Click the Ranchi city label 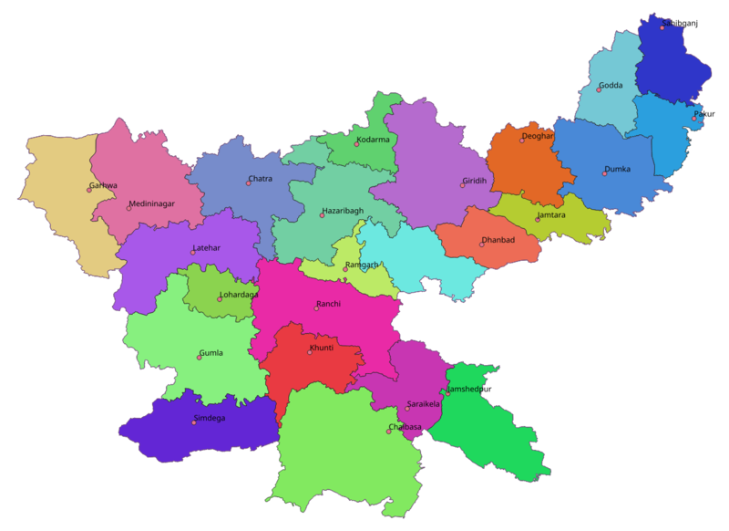click(x=329, y=304)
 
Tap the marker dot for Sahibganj click(x=662, y=28)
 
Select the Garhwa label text click(x=104, y=185)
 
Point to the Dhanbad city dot click(x=482, y=245)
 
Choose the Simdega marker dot click(x=194, y=422)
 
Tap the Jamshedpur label click(x=469, y=390)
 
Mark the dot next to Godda click(x=599, y=90)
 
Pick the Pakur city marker click(x=693, y=119)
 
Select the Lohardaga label click(x=240, y=295)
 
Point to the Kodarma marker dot click(x=357, y=144)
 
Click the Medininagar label click(x=152, y=203)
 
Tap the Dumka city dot click(x=604, y=173)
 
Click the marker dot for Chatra click(x=248, y=183)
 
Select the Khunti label click(x=323, y=348)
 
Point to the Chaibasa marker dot click(x=389, y=432)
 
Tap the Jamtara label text click(x=552, y=215)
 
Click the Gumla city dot click(x=200, y=357)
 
